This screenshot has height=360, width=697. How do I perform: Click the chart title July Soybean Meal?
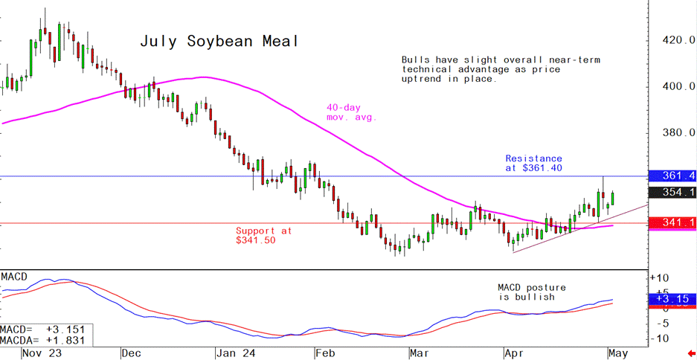tap(219, 42)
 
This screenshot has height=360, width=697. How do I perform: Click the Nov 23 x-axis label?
tap(42, 352)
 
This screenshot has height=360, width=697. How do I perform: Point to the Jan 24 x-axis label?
tap(231, 352)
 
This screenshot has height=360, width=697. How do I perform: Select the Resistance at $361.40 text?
tap(533, 164)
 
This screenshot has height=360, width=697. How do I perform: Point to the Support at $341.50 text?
tap(264, 236)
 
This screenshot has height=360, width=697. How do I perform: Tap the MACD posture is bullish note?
tap(532, 292)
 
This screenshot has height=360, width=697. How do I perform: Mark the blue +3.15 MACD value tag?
tap(672, 299)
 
